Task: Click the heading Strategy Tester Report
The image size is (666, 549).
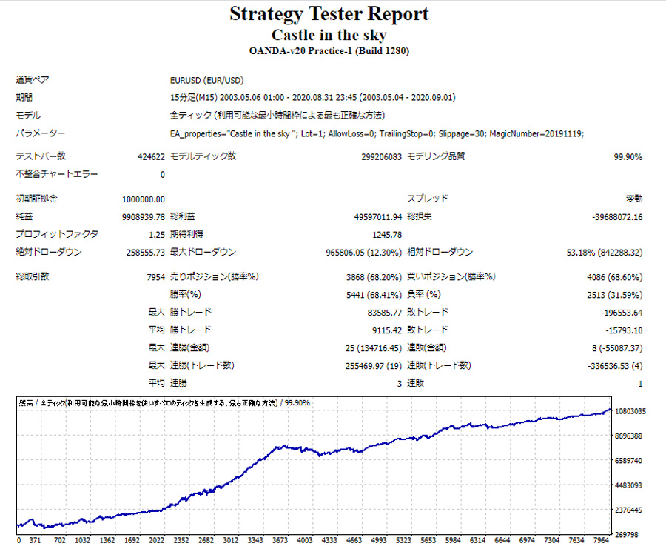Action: pyautogui.click(x=329, y=14)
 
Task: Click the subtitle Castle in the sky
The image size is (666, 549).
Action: pyautogui.click(x=329, y=35)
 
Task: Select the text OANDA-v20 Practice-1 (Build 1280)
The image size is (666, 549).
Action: pyautogui.click(x=329, y=51)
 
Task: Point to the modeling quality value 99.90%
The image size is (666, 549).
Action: pyautogui.click(x=628, y=156)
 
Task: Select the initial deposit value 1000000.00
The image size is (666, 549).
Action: pyautogui.click(x=143, y=199)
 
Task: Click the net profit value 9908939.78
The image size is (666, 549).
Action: pyautogui.click(x=143, y=217)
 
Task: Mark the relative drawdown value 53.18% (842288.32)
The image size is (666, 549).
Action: pyautogui.click(x=604, y=252)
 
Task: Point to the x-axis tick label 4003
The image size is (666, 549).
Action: pyautogui.click(x=304, y=541)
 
